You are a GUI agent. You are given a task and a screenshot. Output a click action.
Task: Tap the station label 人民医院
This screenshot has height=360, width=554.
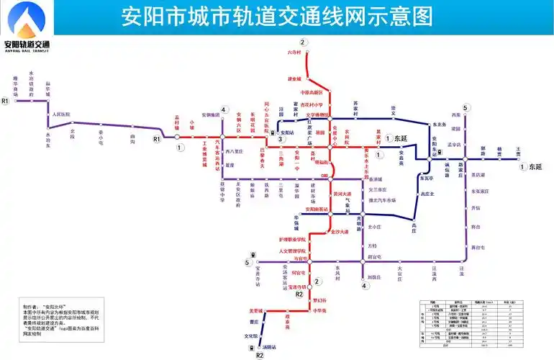tap(61, 114)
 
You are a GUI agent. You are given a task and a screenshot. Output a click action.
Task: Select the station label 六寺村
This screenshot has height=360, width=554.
tap(294, 53)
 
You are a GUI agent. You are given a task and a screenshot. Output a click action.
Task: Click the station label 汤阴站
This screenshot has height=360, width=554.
tap(270, 347)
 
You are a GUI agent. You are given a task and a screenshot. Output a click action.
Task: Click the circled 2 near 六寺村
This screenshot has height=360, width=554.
tap(304, 42)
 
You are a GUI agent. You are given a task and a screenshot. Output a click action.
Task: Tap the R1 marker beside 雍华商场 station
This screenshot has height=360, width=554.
tap(5, 102)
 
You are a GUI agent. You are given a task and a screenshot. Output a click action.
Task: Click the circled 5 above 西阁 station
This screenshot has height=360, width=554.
tap(466, 108)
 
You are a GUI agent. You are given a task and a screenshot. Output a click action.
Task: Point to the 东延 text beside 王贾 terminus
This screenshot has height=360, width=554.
tap(535, 166)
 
